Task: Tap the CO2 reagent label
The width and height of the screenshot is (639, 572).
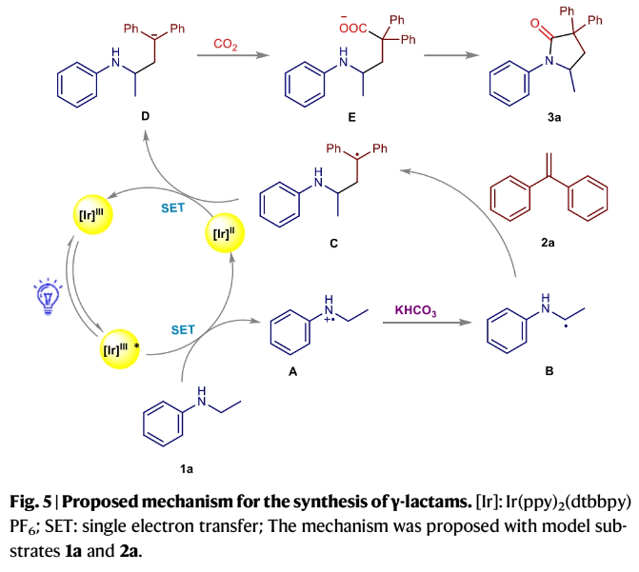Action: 225,43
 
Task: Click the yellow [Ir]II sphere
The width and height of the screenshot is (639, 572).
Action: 226,235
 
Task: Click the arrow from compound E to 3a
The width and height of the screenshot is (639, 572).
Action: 457,57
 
